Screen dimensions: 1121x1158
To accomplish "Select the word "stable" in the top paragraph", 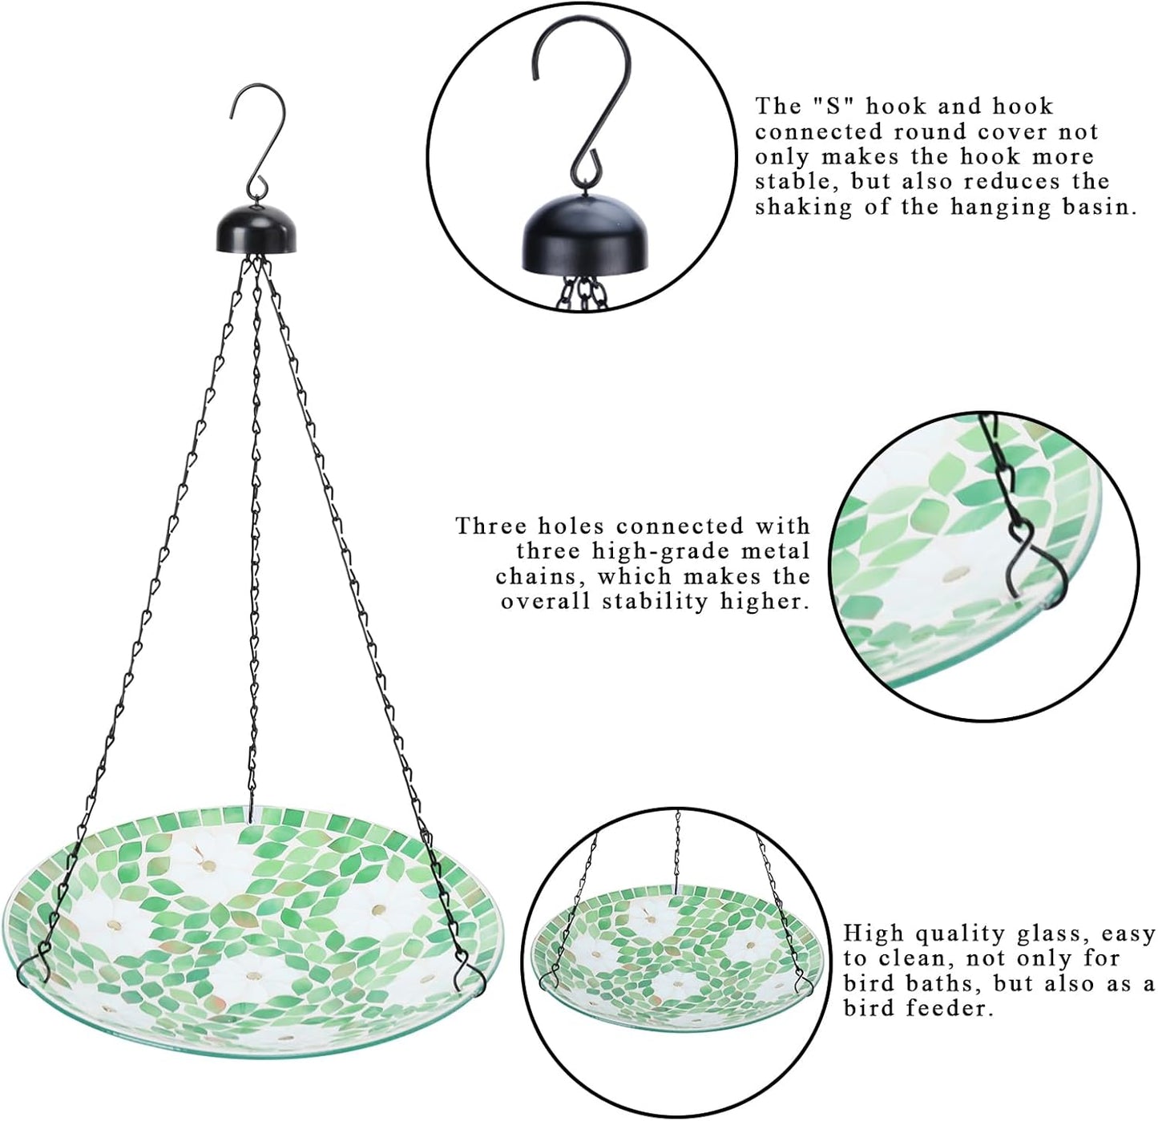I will (793, 182).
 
